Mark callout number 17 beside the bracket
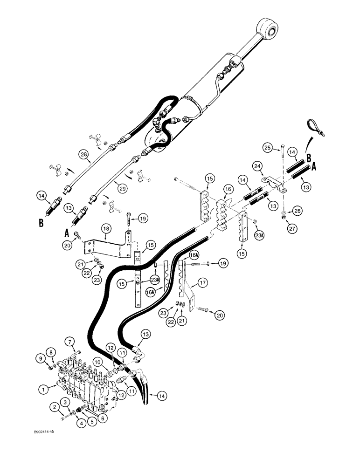pos(203,295)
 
